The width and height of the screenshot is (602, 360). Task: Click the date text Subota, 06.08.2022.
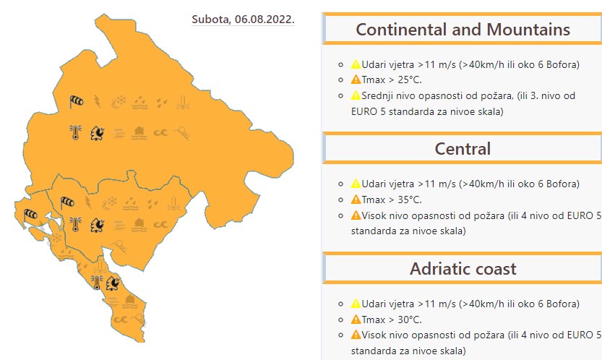click(243, 20)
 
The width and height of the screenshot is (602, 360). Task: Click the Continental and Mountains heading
click(463, 30)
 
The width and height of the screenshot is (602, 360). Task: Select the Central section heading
click(463, 149)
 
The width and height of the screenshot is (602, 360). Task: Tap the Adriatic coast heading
click(463, 269)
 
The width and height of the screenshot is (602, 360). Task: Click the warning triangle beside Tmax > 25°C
click(356, 80)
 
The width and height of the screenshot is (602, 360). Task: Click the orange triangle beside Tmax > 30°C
click(356, 320)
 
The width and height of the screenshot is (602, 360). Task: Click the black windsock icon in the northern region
click(77, 102)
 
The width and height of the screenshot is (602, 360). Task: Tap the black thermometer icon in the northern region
click(75, 132)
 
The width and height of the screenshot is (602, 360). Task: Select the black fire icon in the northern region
click(97, 133)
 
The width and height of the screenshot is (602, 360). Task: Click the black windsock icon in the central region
click(67, 202)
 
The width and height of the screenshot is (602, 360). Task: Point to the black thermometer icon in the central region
click(75, 224)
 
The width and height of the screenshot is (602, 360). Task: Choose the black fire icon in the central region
click(97, 225)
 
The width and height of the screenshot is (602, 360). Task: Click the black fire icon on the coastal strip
click(113, 283)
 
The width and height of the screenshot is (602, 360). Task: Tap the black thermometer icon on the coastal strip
click(97, 283)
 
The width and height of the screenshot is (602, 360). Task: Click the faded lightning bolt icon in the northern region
click(98, 102)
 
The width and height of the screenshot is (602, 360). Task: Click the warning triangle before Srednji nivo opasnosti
click(356, 95)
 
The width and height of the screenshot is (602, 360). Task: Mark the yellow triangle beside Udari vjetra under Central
click(356, 184)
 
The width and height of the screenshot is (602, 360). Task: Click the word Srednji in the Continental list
click(377, 95)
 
